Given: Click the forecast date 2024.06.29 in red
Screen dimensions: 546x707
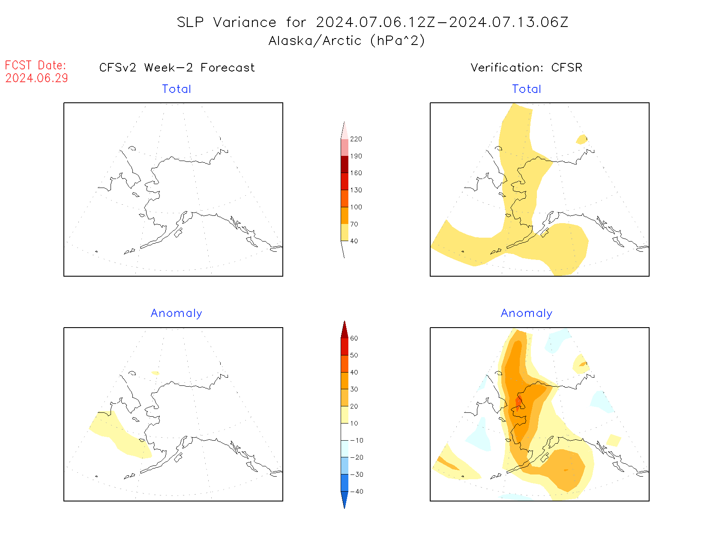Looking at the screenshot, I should tap(36, 78).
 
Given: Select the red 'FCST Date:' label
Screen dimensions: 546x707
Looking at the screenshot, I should tap(36, 65).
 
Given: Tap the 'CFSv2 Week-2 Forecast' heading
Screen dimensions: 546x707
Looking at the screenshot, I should tap(177, 68).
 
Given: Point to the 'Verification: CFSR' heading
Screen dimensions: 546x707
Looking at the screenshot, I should tap(526, 68).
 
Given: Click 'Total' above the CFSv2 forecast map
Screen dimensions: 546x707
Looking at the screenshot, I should tap(176, 89).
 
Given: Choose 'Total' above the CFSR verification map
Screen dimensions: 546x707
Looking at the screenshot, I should tap(527, 89).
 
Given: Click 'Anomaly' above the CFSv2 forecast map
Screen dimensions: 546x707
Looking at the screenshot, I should tap(176, 313).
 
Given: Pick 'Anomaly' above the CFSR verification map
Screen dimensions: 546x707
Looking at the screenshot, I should tap(527, 313).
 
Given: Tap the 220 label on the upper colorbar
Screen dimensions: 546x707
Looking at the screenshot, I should tap(356, 139).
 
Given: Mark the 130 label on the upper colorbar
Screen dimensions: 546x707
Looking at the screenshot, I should tap(356, 190).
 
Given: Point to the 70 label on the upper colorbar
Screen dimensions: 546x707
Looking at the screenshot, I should tap(354, 224).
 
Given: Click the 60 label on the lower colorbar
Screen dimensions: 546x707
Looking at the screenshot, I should tap(354, 338).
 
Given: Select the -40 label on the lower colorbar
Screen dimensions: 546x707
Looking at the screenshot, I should tap(356, 492).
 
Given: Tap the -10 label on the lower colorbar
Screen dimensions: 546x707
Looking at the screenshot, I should tap(356, 440).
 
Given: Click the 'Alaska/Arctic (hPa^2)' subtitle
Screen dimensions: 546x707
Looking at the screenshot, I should tap(346, 41).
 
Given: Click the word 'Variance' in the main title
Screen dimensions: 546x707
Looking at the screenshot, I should tap(245, 22).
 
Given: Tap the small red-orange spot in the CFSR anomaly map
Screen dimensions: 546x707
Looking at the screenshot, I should tap(518, 403).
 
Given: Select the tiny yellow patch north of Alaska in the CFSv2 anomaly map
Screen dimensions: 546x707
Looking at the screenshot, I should tap(155, 373).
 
